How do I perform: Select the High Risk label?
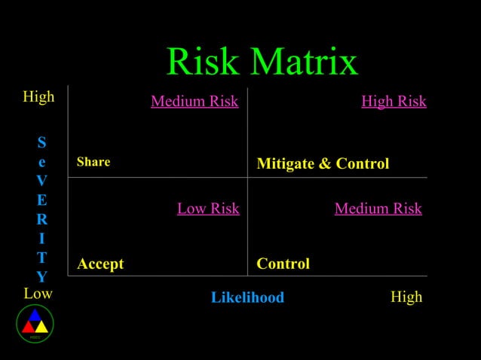[394, 101]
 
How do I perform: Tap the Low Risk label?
[208, 209]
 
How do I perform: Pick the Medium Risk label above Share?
[195, 101]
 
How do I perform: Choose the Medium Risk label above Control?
[378, 209]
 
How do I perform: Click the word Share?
[93, 162]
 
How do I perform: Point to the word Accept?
[100, 264]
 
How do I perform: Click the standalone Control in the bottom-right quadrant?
[283, 264]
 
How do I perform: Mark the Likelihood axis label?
[247, 297]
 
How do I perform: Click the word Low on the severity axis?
[38, 293]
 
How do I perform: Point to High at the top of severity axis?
[38, 97]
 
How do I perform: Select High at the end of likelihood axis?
[406, 297]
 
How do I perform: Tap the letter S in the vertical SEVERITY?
[41, 142]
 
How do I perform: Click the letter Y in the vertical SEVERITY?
[41, 276]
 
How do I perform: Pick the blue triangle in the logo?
[35, 316]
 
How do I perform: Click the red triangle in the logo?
[28, 327]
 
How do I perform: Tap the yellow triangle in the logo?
[41, 327]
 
